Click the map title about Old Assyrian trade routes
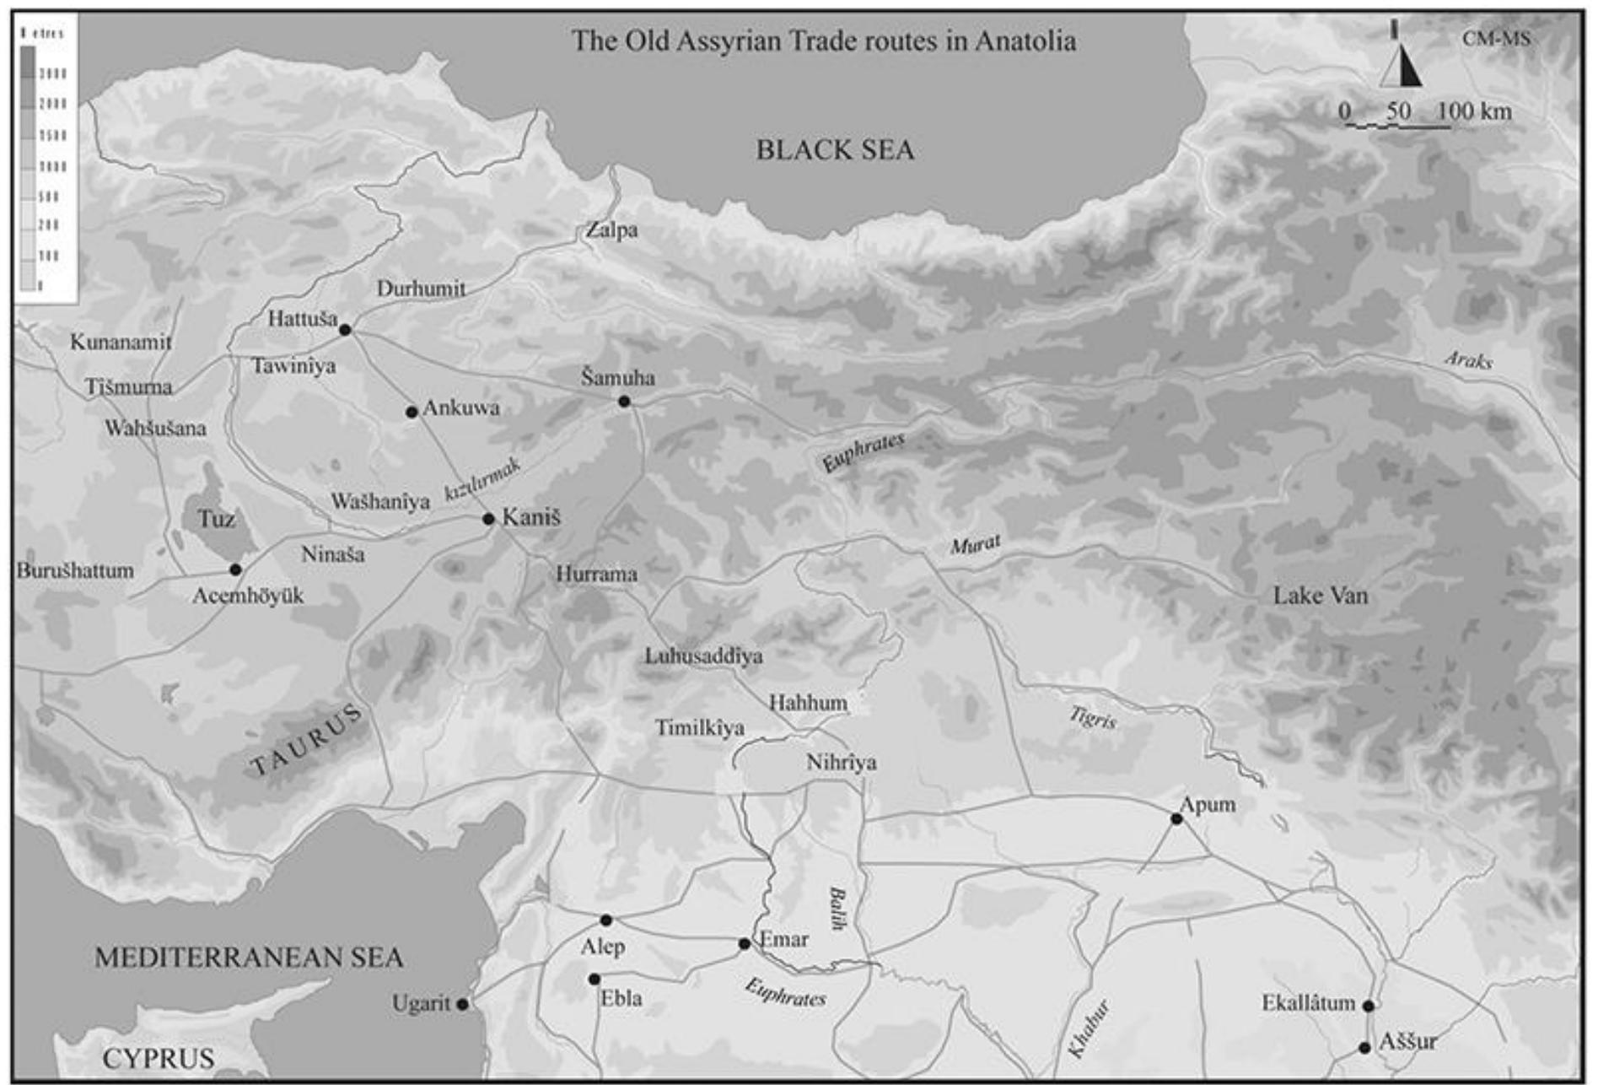[x=823, y=41]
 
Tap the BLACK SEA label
[x=834, y=150]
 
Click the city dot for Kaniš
[x=488, y=519]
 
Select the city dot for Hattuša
[x=345, y=330]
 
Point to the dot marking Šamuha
[x=624, y=402]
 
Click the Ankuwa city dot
[x=412, y=412]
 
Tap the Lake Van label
[x=1320, y=596]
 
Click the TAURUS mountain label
[x=307, y=741]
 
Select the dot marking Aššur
[x=1364, y=1048]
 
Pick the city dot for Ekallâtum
[x=1368, y=1006]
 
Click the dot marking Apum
[x=1176, y=818]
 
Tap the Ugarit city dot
[x=462, y=1004]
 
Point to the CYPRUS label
[x=159, y=1058]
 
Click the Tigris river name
[x=1093, y=718]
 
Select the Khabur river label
[x=1088, y=1028]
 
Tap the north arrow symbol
[x=1401, y=63]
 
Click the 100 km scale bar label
[x=1473, y=111]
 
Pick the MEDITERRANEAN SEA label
[x=249, y=958]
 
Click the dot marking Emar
[x=744, y=943]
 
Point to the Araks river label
[x=1468, y=360]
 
